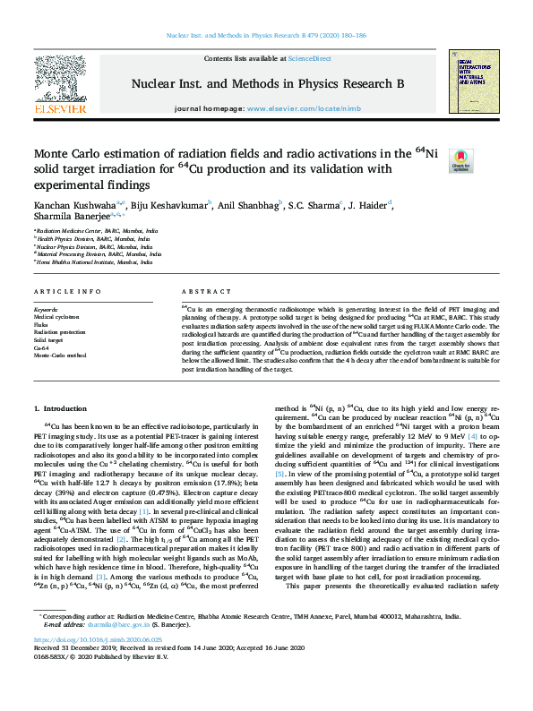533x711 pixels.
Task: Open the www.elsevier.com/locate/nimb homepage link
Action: pos(291,108)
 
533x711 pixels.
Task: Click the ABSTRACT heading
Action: pos(200,292)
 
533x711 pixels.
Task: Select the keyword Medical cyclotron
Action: pos(56,317)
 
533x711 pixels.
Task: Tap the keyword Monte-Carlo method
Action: pos(59,355)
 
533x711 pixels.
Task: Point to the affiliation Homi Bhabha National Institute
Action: pos(87,261)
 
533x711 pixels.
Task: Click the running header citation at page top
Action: pos(266,36)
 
